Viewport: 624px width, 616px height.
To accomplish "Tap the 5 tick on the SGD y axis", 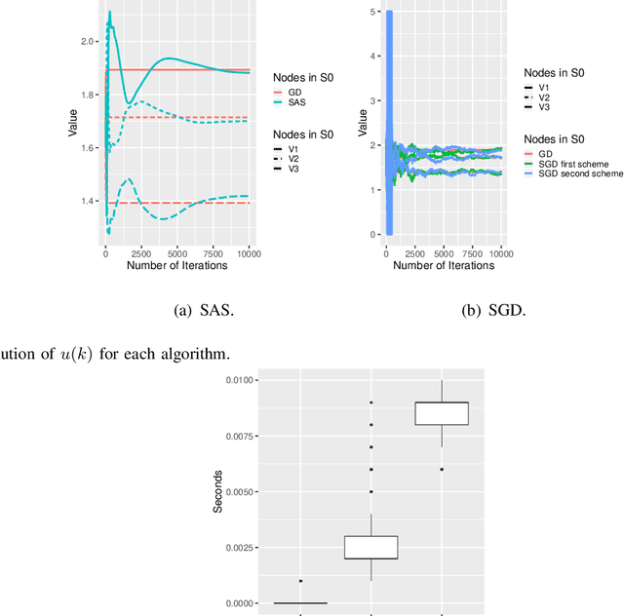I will click(363, 12).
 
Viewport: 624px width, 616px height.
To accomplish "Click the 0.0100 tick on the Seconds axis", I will click(238, 380).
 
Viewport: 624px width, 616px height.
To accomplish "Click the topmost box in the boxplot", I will click(443, 413).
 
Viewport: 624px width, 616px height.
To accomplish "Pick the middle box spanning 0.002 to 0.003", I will click(371, 547).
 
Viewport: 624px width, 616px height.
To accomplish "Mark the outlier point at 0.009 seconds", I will click(371, 403).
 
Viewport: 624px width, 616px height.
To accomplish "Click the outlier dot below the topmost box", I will click(443, 469).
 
